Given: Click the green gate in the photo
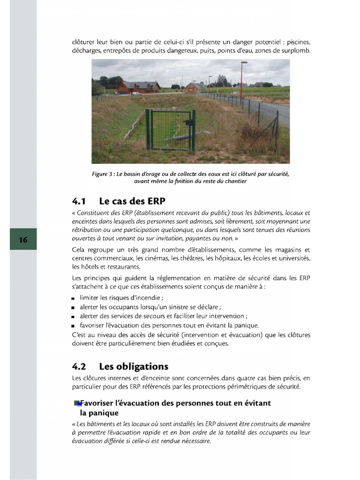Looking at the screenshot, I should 170,130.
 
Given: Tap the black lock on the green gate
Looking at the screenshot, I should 189,123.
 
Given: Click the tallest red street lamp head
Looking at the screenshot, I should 244,63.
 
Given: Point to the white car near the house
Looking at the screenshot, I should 135,93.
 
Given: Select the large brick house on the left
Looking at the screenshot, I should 138,87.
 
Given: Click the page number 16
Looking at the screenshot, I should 23,240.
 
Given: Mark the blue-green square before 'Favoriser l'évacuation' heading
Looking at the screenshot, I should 77,403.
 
